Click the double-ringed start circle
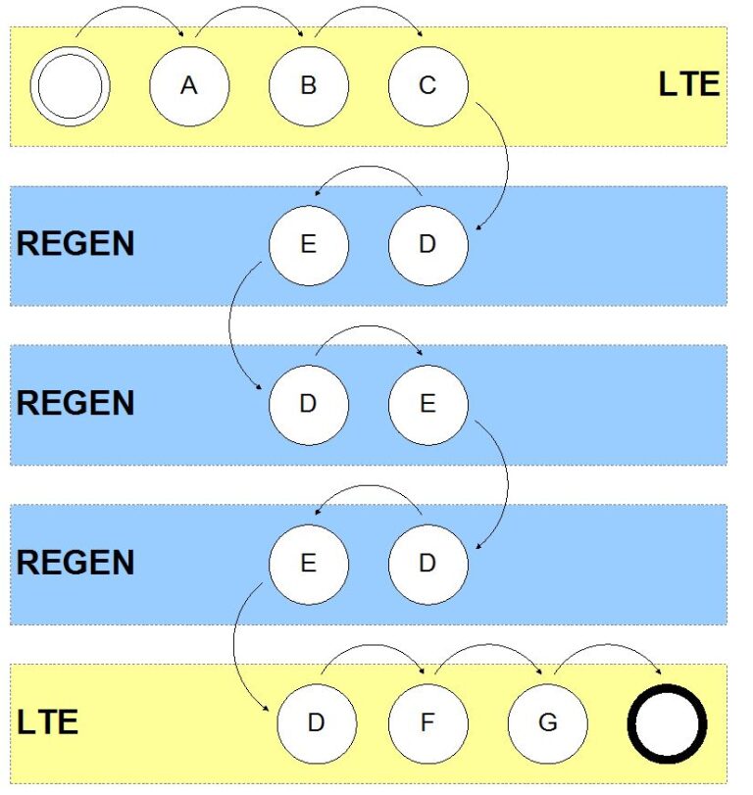click(70, 86)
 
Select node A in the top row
click(189, 86)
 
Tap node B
click(309, 86)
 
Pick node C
click(427, 86)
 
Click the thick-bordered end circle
click(668, 723)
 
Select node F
click(427, 723)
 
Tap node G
click(548, 723)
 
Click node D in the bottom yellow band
click(317, 723)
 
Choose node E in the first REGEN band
click(309, 245)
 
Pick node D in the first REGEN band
click(427, 245)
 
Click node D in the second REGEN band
click(309, 405)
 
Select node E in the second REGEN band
click(427, 405)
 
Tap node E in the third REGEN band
click(309, 565)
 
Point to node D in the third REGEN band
click(427, 565)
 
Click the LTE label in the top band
click(689, 84)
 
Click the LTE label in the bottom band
click(48, 722)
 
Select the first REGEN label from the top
click(75, 244)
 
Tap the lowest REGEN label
click(75, 563)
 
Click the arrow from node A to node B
click(248, 7)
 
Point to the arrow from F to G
click(489, 645)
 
